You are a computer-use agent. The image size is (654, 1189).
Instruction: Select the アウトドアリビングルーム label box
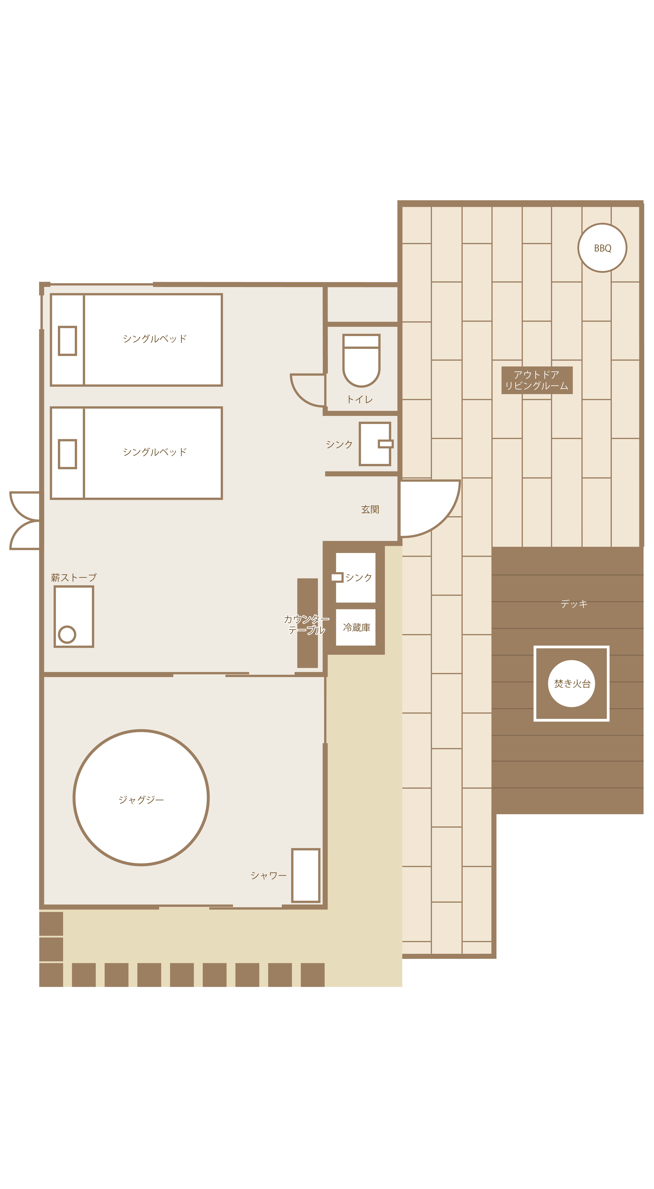[x=537, y=380]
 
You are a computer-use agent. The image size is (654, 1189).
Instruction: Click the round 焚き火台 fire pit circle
[x=571, y=684]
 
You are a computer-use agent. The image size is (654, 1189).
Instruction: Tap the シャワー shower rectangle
[x=306, y=875]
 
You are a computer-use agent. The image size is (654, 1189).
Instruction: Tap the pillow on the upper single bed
[x=67, y=341]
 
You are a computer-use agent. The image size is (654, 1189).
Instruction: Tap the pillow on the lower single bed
[x=67, y=454]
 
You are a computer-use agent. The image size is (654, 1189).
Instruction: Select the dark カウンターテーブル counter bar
[x=307, y=623]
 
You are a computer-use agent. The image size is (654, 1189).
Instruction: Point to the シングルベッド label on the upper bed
[x=155, y=339]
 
